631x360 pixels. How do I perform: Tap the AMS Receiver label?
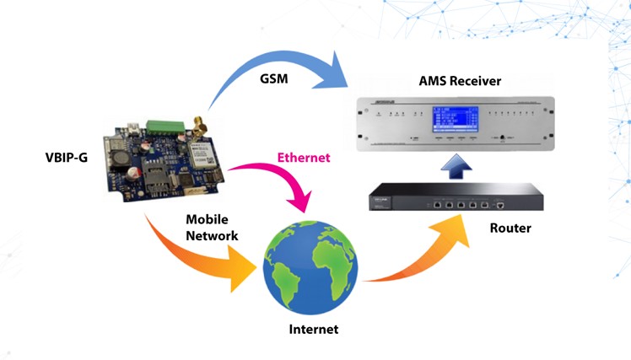coord(460,82)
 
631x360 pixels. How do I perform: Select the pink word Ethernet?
coord(305,158)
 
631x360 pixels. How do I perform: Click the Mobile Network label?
coord(212,228)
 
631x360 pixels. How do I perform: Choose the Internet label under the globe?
coord(310,330)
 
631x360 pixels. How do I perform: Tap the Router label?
coord(510,228)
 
